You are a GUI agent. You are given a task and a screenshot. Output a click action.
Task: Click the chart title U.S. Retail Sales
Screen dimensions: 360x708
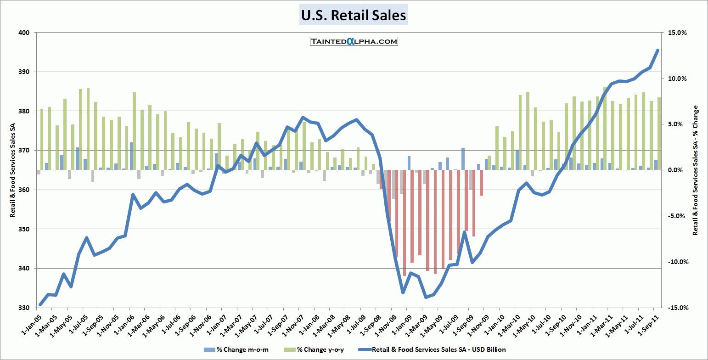354,15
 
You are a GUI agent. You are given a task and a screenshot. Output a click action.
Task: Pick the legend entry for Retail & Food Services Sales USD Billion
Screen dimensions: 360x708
434,349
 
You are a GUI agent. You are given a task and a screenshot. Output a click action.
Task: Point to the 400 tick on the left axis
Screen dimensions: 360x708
24,33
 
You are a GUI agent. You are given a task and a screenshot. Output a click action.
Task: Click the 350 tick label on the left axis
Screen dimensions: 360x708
24,229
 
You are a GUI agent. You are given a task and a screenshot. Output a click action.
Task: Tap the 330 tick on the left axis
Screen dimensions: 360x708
24,308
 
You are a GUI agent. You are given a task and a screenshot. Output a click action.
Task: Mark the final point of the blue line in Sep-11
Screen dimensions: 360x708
657,51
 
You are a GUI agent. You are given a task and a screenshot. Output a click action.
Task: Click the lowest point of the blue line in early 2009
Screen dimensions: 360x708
426,297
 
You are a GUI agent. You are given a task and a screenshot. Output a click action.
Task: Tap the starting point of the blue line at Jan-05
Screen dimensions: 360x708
40,304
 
